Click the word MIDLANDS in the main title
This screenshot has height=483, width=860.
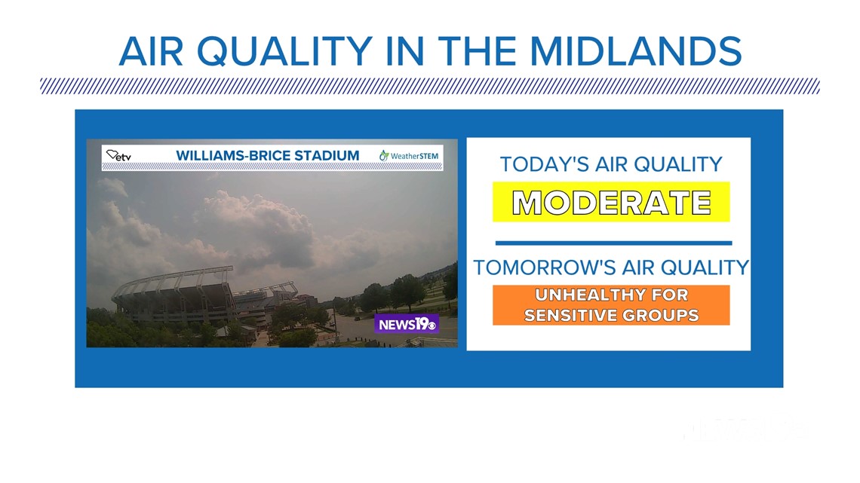(635, 51)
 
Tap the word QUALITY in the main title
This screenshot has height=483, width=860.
(284, 52)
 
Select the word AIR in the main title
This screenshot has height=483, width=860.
(151, 51)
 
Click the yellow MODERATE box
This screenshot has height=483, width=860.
(611, 202)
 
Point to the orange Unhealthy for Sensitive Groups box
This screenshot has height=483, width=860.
(611, 305)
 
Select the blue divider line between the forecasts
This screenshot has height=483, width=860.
(613, 243)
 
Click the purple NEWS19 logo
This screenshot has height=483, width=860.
(407, 324)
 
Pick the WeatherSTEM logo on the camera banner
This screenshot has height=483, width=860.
(409, 156)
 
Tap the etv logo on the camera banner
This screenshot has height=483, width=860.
(119, 156)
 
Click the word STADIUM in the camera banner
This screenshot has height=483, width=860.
(327, 155)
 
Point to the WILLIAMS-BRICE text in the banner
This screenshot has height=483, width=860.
(233, 155)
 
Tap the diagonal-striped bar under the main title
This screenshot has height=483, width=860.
(430, 86)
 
